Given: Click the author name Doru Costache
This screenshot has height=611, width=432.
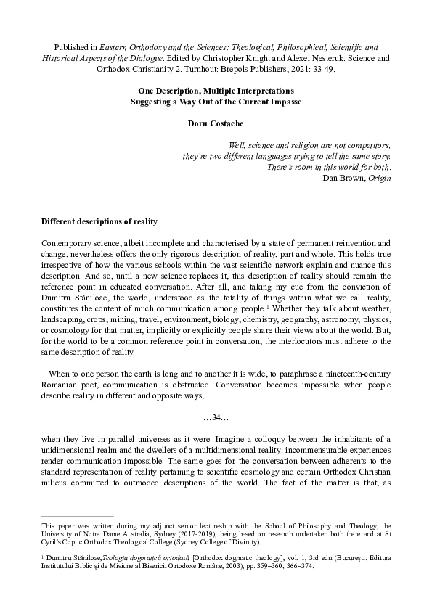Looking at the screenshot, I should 216,125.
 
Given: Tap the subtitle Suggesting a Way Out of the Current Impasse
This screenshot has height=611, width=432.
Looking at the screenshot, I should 216,102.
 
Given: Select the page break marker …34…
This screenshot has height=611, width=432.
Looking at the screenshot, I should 216,416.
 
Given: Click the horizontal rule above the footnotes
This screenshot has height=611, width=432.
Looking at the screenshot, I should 78,516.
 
